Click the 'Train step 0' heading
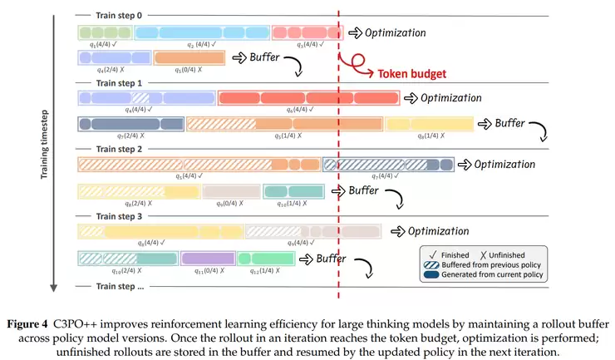pyautogui.click(x=119, y=16)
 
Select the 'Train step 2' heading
pyautogui.click(x=119, y=149)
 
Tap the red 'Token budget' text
pyautogui.click(x=411, y=73)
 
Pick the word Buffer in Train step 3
pyautogui.click(x=337, y=259)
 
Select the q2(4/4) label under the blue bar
pyautogui.click(x=202, y=45)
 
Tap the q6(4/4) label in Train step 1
pyautogui.click(x=298, y=109)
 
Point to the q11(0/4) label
pyautogui.click(x=208, y=270)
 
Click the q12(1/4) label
pyautogui.click(x=263, y=270)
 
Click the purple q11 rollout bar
pyautogui.click(x=208, y=258)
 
